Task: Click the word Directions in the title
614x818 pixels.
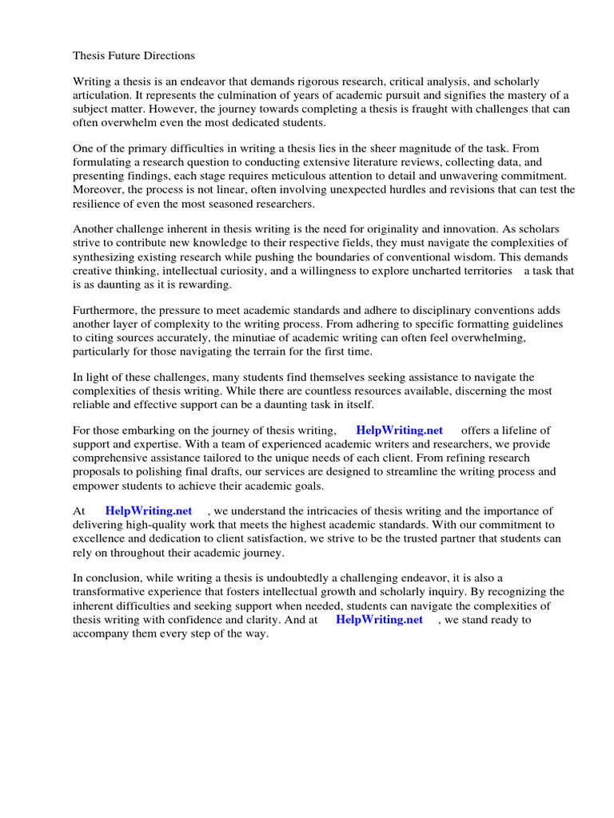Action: (x=166, y=56)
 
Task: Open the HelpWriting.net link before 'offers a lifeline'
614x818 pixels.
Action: (x=399, y=431)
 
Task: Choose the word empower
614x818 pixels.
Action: (x=98, y=485)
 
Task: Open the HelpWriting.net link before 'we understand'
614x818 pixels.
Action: (x=148, y=511)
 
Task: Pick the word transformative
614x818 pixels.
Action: (x=112, y=592)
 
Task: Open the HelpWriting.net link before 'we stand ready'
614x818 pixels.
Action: (x=379, y=619)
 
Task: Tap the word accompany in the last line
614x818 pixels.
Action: (x=102, y=633)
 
